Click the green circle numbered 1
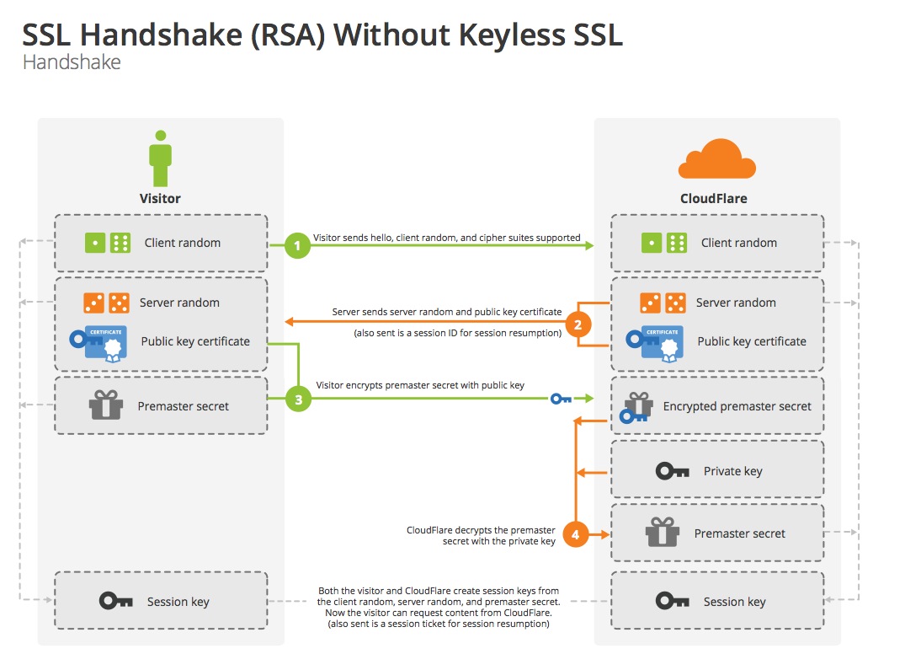pos(296,246)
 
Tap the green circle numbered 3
pos(297,399)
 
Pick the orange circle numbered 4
pos(576,534)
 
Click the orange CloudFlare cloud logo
pos(716,159)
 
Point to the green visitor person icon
pos(160,158)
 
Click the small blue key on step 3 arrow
pos(561,399)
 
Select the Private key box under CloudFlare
pos(717,471)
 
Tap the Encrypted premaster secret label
pos(737,406)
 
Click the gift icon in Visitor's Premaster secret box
pos(106,405)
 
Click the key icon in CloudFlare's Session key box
pos(673,601)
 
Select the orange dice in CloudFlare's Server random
pos(662,303)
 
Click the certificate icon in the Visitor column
pos(99,342)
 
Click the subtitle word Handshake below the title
pos(72,62)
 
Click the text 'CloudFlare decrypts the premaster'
pos(481,530)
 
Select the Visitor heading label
pos(160,199)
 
